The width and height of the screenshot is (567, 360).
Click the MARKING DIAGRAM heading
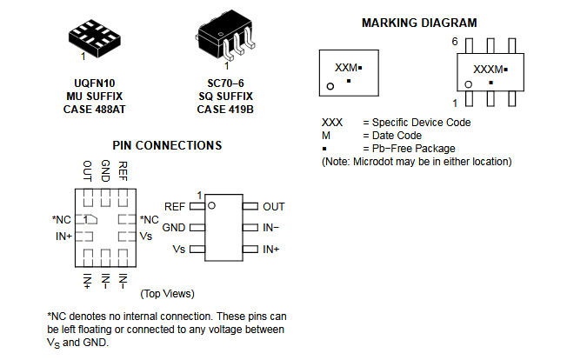(x=419, y=23)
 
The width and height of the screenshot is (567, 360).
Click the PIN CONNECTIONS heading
(x=167, y=145)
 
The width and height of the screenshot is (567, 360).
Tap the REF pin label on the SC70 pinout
(x=174, y=207)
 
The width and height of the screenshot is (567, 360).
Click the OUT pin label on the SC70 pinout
(x=274, y=207)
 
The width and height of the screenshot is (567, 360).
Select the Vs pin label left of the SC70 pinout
(x=179, y=250)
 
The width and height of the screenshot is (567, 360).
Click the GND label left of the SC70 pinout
(x=174, y=228)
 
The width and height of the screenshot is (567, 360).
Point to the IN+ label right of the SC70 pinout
(x=271, y=250)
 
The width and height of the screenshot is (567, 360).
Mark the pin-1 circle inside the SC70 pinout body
(x=210, y=203)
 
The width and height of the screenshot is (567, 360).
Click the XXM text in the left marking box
(x=346, y=67)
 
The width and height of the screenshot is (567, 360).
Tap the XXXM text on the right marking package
(x=488, y=69)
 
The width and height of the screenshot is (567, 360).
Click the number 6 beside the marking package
(x=454, y=42)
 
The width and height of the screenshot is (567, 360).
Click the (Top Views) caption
(x=167, y=294)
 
